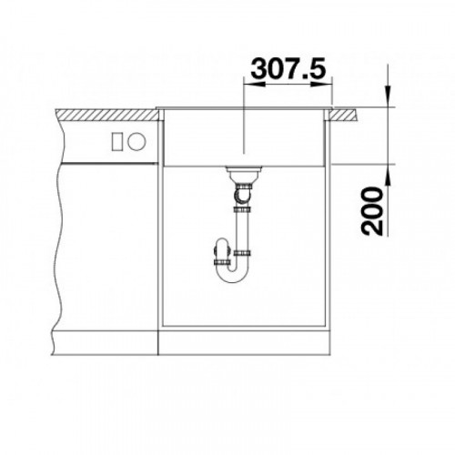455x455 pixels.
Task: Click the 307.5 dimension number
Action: click(288, 67)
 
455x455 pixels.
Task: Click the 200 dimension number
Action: click(372, 211)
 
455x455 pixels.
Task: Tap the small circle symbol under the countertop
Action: click(136, 142)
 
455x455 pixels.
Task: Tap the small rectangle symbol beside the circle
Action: click(116, 142)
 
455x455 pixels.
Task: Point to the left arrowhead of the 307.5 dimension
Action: click(254, 84)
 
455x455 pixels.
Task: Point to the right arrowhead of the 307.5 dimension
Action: click(321, 84)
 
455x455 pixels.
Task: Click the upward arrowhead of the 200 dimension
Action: click(388, 175)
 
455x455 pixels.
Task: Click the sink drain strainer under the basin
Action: click(244, 170)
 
